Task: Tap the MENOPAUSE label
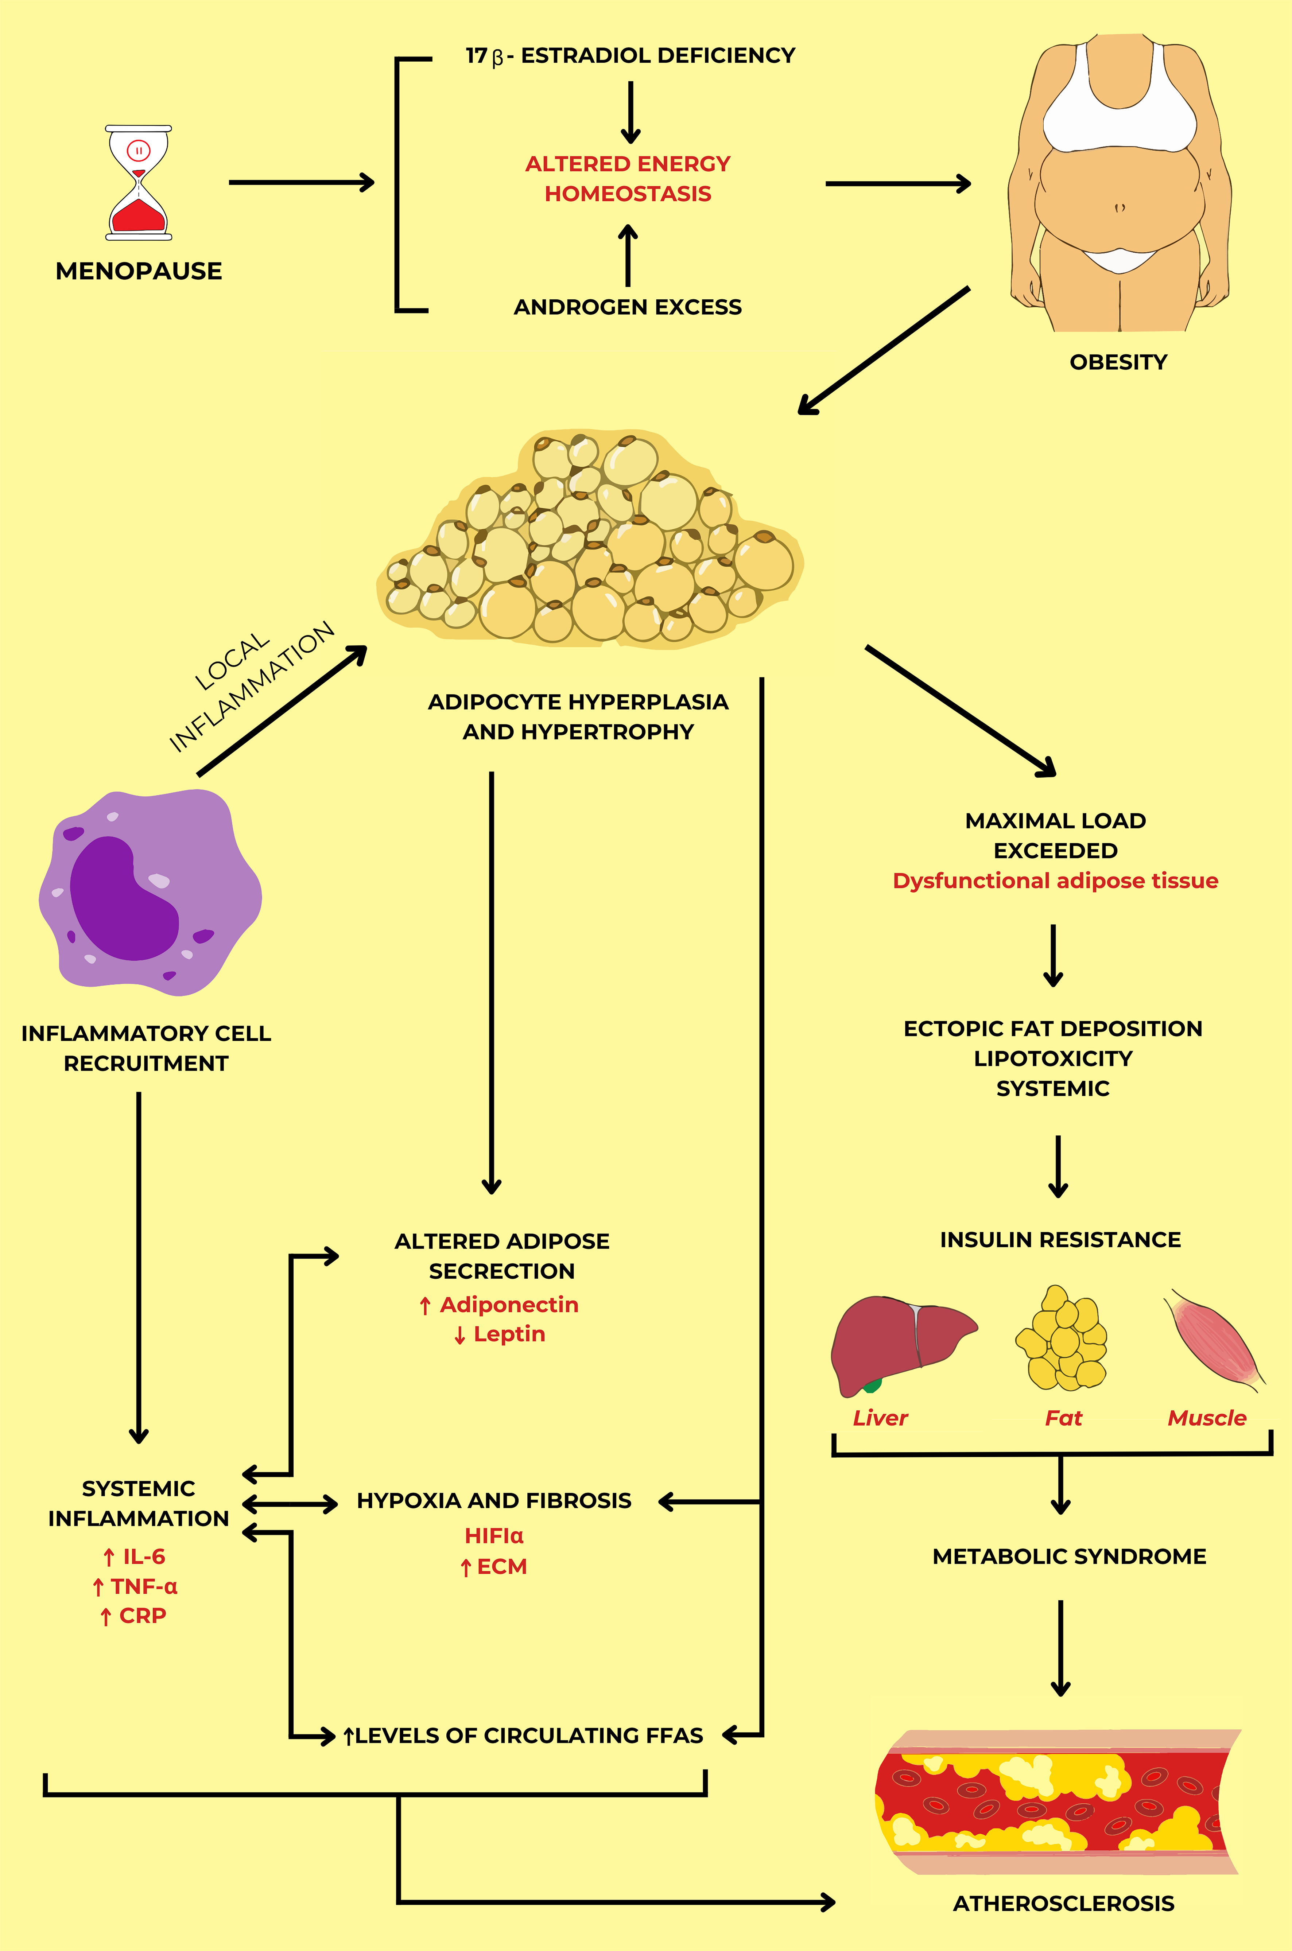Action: click(139, 271)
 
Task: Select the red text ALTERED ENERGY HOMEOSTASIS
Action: click(628, 179)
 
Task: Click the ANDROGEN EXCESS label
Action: click(628, 307)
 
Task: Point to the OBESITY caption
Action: click(1118, 362)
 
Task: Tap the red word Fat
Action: click(1063, 1418)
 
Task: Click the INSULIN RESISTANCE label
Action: click(1060, 1240)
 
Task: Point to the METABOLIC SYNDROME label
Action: click(1069, 1556)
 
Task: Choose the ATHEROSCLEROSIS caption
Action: click(1063, 1903)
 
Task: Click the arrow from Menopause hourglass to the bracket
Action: click(301, 182)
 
